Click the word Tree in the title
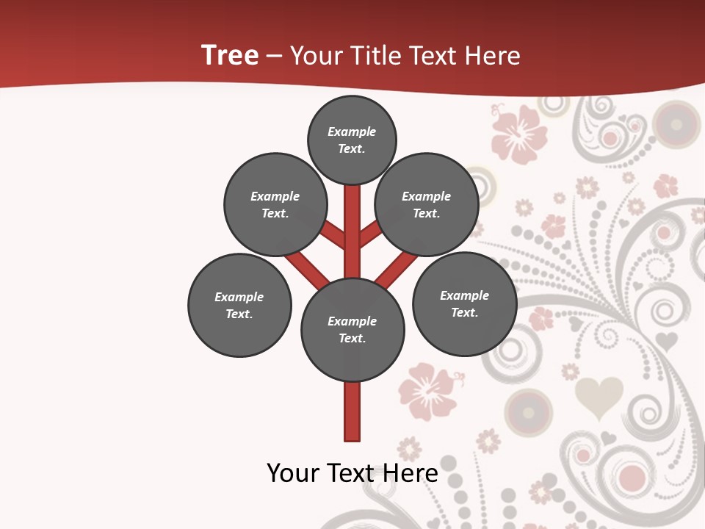[x=230, y=55]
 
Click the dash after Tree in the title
[x=274, y=57]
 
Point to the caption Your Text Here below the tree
[x=352, y=473]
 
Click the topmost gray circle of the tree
[x=352, y=140]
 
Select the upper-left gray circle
[x=275, y=204]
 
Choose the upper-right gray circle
[x=427, y=204]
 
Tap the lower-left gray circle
[x=239, y=305]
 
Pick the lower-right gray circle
[x=464, y=303]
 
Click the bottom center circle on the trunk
[x=352, y=330]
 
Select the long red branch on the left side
[x=305, y=268]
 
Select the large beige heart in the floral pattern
[x=598, y=397]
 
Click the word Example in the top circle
[x=352, y=132]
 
